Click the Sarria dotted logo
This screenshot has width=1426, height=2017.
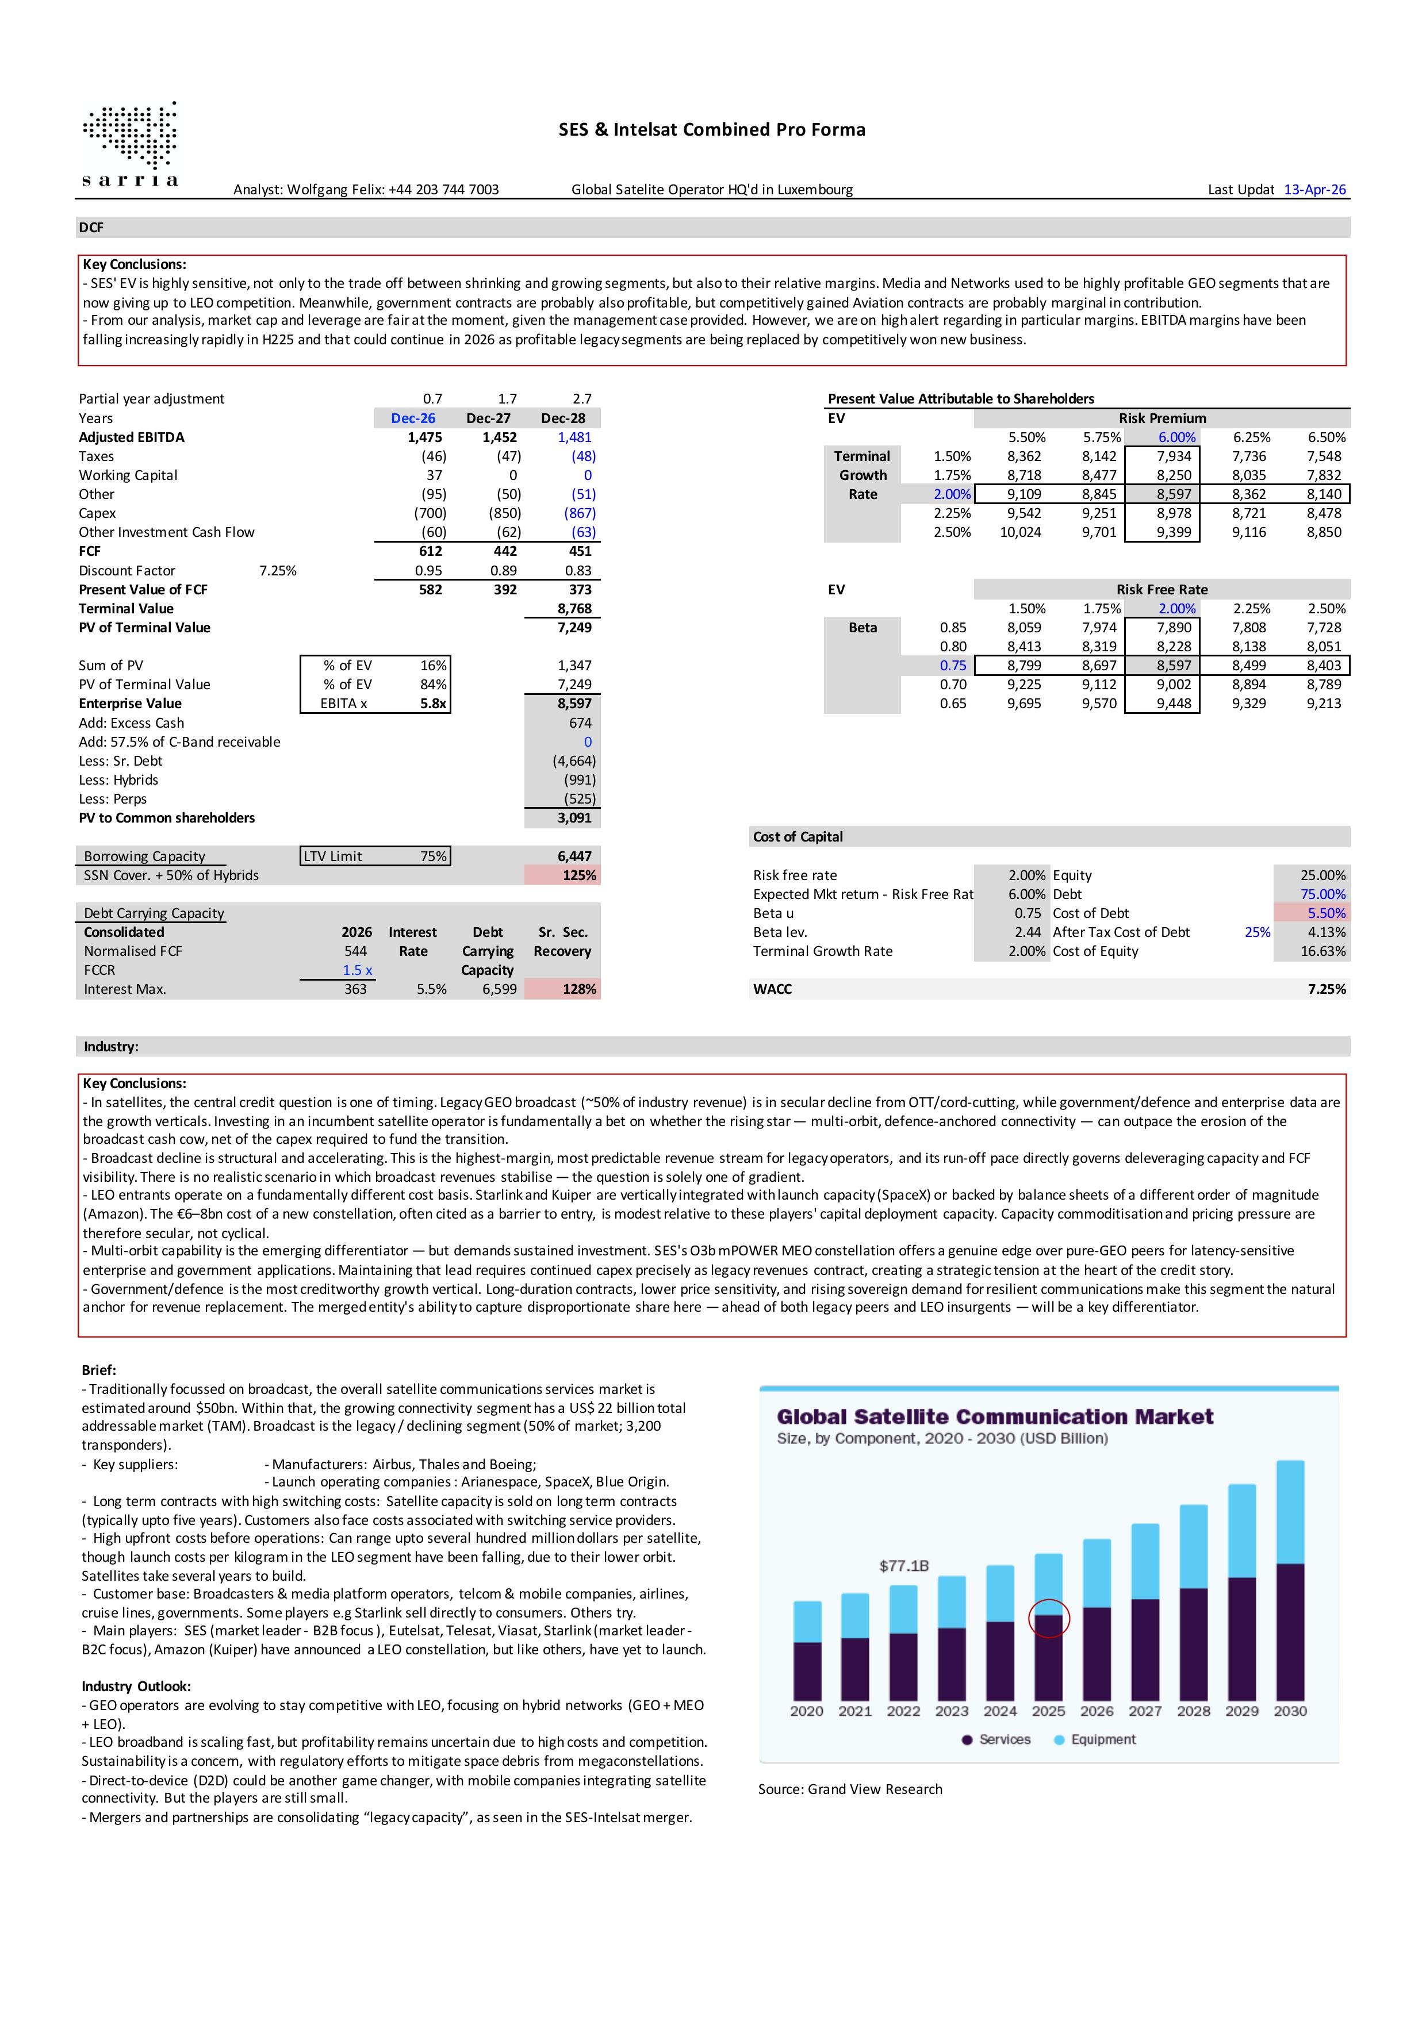click(x=130, y=143)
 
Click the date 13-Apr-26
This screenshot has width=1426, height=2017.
click(x=1314, y=189)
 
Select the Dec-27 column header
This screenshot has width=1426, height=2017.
click(x=488, y=418)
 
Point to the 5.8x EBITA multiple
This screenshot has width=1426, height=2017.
click(x=433, y=704)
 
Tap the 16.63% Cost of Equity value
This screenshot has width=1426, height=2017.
click(x=1322, y=951)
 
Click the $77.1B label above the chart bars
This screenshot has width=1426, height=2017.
click(x=904, y=1566)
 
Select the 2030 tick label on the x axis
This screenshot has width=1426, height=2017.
click(x=1290, y=1711)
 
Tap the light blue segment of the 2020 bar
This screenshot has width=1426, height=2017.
click(x=807, y=1622)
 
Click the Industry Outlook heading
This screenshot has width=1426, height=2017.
click(x=136, y=1686)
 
